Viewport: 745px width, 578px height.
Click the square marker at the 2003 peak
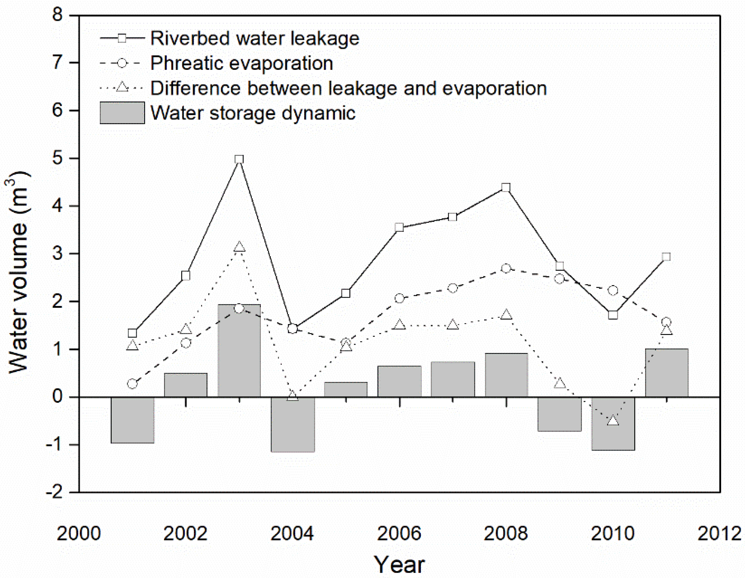point(239,160)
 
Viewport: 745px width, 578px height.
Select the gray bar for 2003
point(239,351)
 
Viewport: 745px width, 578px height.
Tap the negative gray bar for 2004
point(293,424)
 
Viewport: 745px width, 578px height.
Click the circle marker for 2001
point(132,384)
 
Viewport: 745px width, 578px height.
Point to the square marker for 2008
point(506,187)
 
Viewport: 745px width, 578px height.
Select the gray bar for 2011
point(666,373)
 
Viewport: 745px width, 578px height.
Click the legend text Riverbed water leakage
point(255,38)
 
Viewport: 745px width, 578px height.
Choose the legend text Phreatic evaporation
point(242,63)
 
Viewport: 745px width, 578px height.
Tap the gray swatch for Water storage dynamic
point(122,113)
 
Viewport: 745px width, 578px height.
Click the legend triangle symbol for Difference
point(122,88)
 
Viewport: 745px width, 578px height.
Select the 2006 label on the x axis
point(399,534)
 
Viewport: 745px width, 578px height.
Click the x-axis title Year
point(399,565)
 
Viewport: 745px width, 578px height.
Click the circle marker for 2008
point(506,268)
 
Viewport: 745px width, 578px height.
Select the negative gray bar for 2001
point(132,420)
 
